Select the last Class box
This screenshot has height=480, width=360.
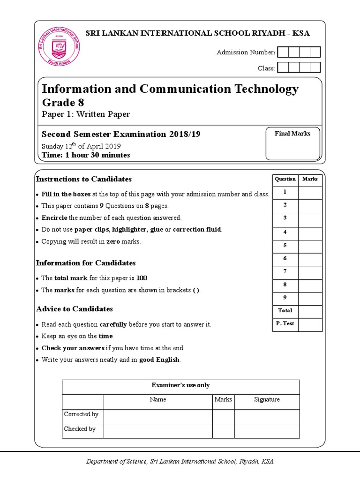pyautogui.click(x=315, y=67)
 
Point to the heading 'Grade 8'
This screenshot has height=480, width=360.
pyautogui.click(x=63, y=103)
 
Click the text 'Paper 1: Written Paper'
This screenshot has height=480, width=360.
pyautogui.click(x=86, y=114)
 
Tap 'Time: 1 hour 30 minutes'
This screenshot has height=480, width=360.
pyautogui.click(x=86, y=155)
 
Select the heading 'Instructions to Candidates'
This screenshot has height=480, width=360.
pyautogui.click(x=84, y=179)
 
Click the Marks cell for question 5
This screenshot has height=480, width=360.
pyautogui.click(x=310, y=246)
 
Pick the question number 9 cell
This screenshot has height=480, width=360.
pyautogui.click(x=285, y=298)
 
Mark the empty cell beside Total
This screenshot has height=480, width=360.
pyautogui.click(x=310, y=311)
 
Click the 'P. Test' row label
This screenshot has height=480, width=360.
pyautogui.click(x=285, y=324)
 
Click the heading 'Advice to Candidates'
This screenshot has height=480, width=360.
pyautogui.click(x=75, y=309)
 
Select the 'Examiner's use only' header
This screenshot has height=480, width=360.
pyautogui.click(x=180, y=385)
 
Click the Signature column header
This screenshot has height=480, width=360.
pyautogui.click(x=267, y=400)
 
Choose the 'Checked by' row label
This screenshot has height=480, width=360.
pyautogui.click(x=80, y=429)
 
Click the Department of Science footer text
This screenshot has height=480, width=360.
pyautogui.click(x=180, y=462)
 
